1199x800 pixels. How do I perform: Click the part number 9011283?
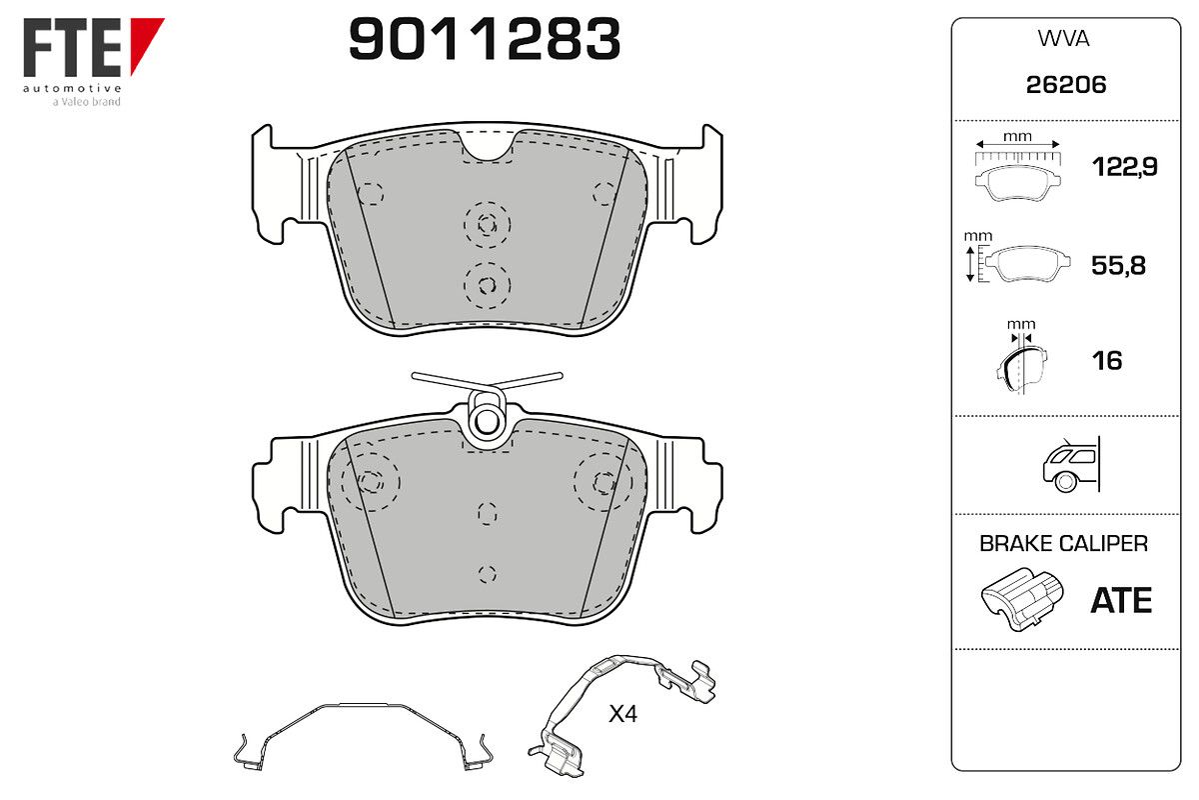pyautogui.click(x=485, y=39)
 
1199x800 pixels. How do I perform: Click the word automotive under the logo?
pyautogui.click(x=72, y=88)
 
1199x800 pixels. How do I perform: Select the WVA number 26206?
pyautogui.click(x=1066, y=85)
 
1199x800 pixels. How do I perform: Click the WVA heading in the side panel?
pyautogui.click(x=1063, y=39)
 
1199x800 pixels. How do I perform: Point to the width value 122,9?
pyautogui.click(x=1125, y=167)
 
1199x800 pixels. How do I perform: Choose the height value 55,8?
pyautogui.click(x=1118, y=265)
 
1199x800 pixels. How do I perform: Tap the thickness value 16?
pyautogui.click(x=1107, y=361)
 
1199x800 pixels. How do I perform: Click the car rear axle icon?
pyautogui.click(x=1071, y=465)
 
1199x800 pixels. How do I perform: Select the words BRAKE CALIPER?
pyautogui.click(x=1063, y=543)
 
